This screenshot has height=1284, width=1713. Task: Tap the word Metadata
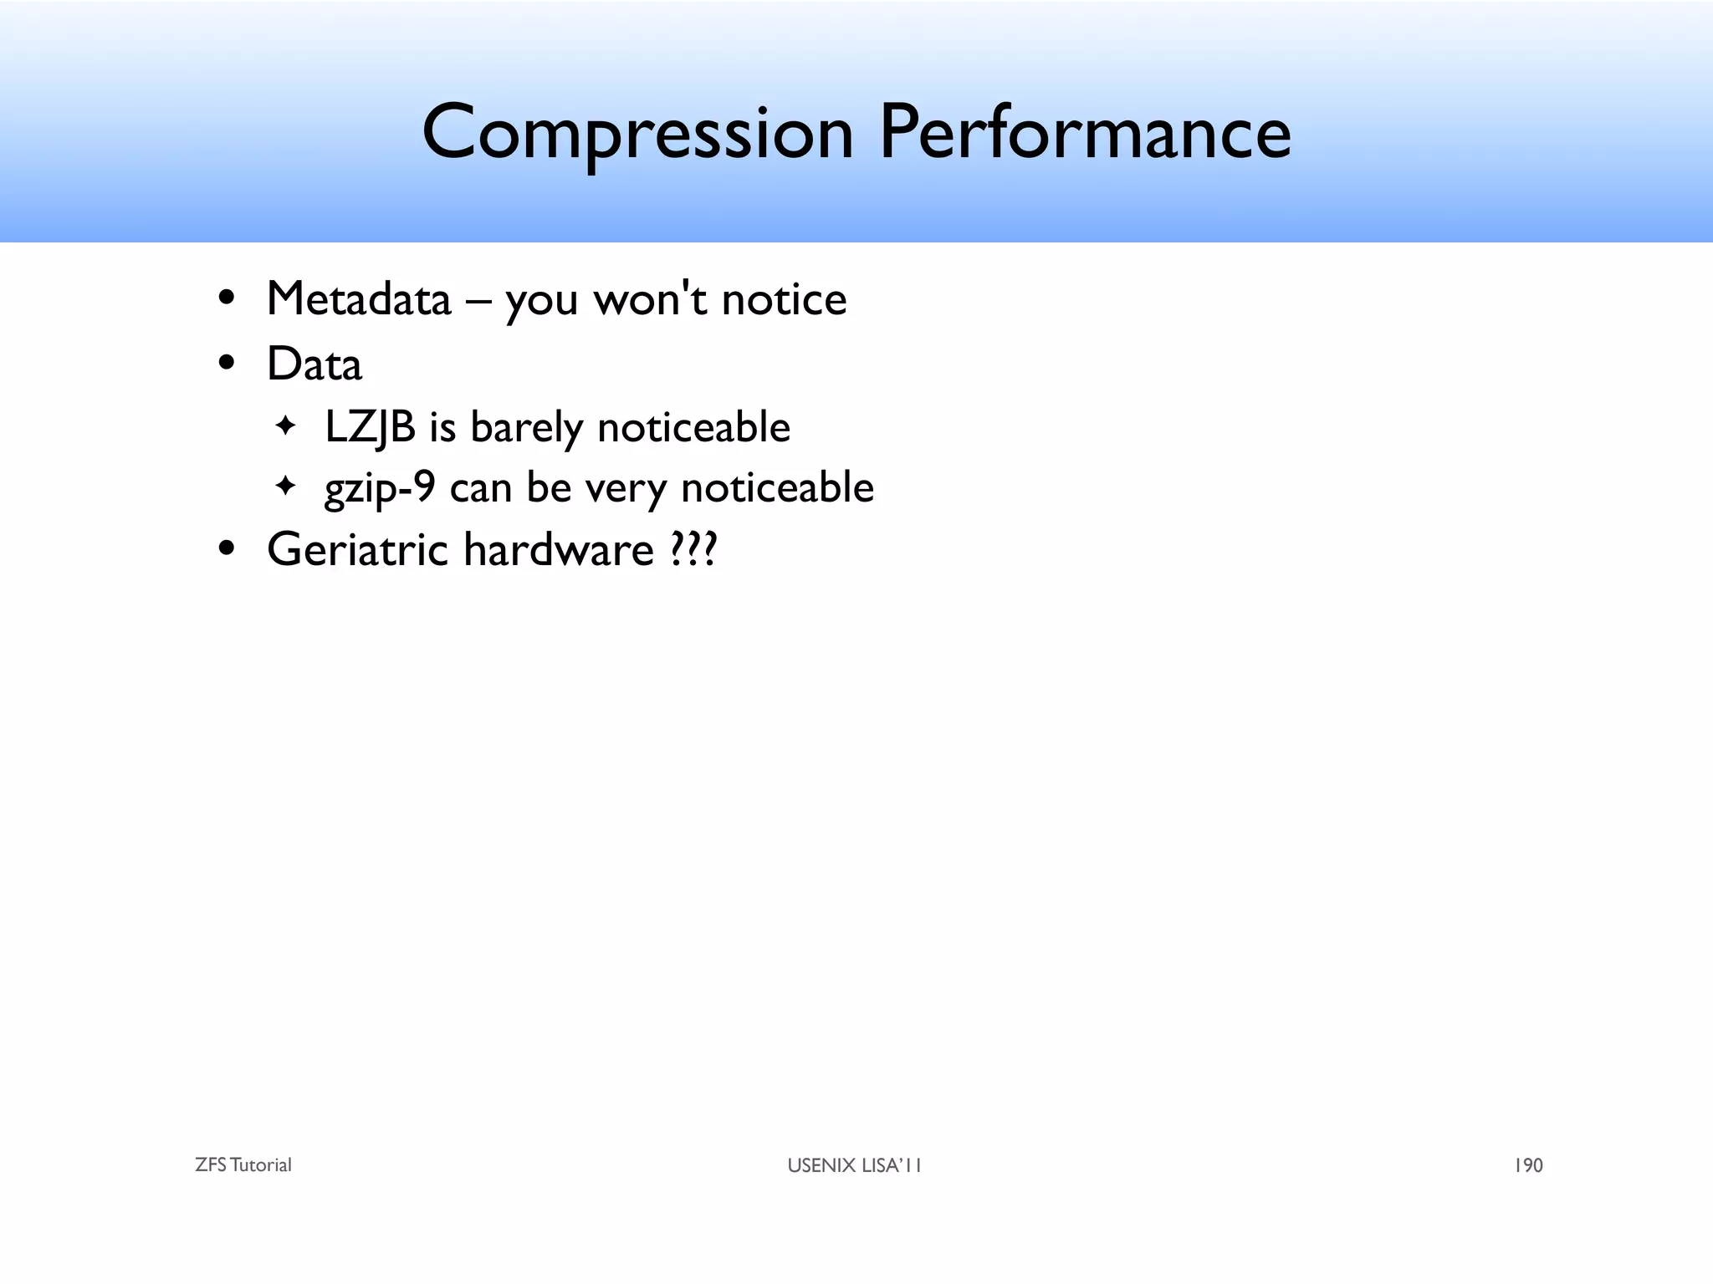click(x=358, y=299)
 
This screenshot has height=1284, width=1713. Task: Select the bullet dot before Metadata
click(x=226, y=298)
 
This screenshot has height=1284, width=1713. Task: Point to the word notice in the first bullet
click(x=784, y=299)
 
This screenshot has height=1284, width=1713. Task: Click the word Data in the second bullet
click(x=314, y=364)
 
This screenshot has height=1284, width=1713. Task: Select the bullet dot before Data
click(x=226, y=364)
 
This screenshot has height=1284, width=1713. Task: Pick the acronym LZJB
click(x=370, y=427)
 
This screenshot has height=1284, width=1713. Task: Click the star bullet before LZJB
click(x=285, y=425)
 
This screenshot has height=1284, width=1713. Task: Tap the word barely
click(x=526, y=427)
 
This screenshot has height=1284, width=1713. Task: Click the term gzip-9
click(x=380, y=487)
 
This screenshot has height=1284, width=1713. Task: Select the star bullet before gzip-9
click(x=285, y=486)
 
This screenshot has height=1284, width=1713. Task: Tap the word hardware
click(x=558, y=550)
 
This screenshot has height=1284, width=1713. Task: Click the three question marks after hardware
click(x=693, y=550)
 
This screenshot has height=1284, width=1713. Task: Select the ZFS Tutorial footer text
click(x=243, y=1165)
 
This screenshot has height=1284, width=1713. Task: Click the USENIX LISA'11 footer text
click(x=854, y=1165)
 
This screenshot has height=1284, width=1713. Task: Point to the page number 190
click(x=1528, y=1165)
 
